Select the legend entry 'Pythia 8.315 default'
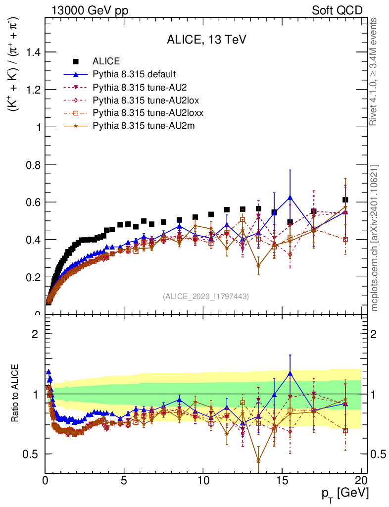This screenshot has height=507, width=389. click(134, 75)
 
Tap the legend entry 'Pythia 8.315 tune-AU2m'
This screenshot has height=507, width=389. click(144, 126)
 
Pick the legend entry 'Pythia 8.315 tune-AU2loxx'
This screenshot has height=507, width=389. click(148, 113)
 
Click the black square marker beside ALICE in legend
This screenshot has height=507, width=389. click(76, 61)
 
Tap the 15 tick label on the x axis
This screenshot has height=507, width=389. click(282, 480)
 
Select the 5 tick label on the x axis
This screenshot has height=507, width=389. click(124, 480)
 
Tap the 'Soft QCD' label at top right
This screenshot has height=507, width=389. click(337, 10)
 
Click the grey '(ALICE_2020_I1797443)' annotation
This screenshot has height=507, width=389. click(206, 296)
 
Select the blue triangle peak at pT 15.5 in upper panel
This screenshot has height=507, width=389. click(290, 197)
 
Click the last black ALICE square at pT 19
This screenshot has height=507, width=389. click(345, 200)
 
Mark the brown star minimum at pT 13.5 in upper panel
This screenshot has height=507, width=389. click(258, 266)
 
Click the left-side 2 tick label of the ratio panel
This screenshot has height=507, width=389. click(35, 334)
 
